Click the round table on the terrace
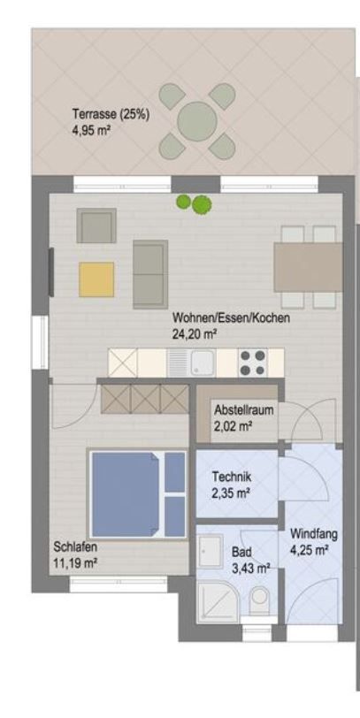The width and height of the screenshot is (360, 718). (x=197, y=121)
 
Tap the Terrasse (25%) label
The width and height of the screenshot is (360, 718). (x=111, y=114)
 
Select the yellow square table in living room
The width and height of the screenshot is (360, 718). (x=96, y=279)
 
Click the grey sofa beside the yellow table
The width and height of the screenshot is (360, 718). (x=150, y=274)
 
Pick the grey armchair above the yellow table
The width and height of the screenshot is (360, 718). (x=96, y=225)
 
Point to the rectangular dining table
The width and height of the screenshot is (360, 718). (x=308, y=267)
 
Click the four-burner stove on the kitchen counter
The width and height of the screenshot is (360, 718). (x=252, y=363)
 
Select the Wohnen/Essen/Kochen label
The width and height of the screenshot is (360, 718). (x=231, y=317)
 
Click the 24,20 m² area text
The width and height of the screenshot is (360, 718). (x=195, y=334)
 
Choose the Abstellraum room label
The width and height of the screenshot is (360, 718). (x=243, y=409)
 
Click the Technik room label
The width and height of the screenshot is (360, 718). (x=232, y=477)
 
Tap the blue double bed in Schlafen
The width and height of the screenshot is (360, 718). (x=138, y=494)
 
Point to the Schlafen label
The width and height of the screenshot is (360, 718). (x=75, y=546)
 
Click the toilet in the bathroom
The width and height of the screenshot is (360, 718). (x=260, y=599)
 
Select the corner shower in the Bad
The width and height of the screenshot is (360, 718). (x=218, y=600)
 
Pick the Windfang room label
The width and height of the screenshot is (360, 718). (x=314, y=534)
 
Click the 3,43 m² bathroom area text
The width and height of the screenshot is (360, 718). (x=250, y=569)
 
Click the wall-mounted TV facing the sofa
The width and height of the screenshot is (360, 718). (x=51, y=272)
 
